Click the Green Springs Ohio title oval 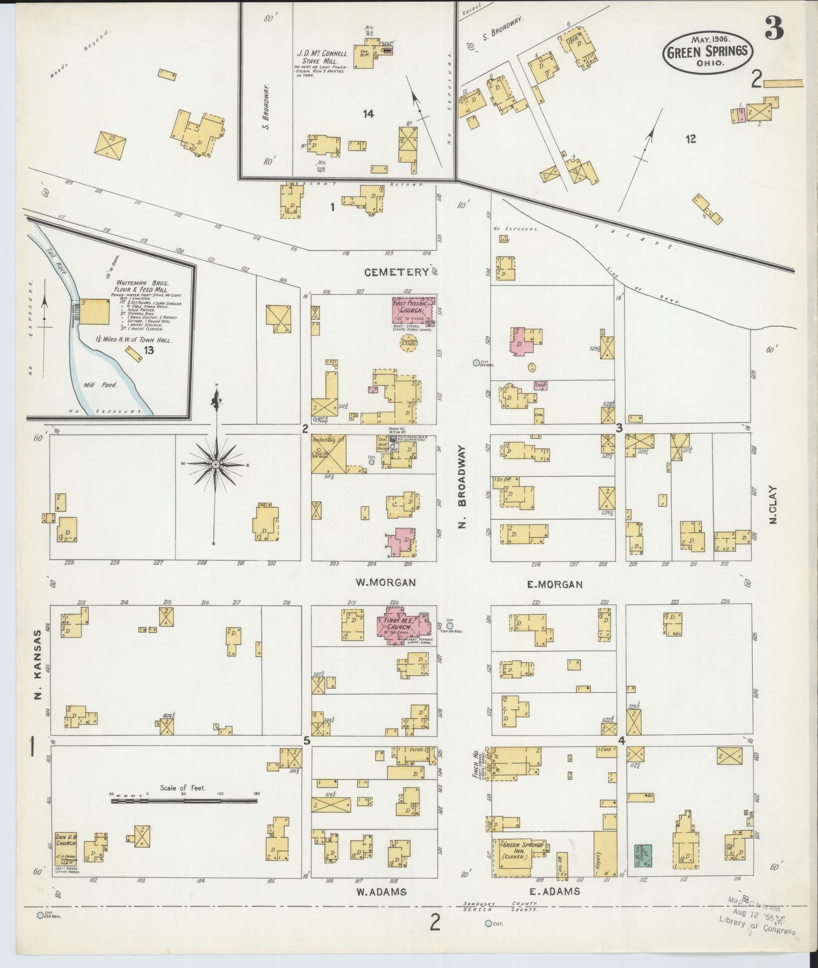tap(708, 51)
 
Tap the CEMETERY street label tap(396, 272)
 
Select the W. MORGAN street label tap(385, 583)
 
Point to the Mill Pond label tap(105, 385)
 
